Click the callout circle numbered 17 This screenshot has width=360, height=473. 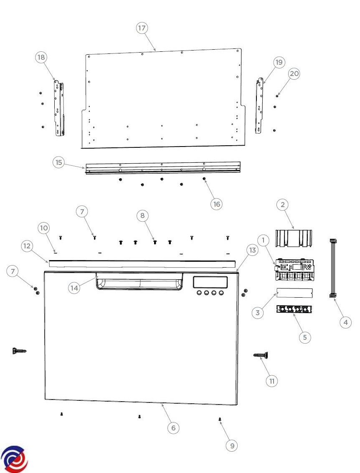pos(142,28)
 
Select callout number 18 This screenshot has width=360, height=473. pos(41,57)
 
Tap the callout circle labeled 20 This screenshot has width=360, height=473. pos(294,73)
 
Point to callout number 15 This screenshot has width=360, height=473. pos(58,162)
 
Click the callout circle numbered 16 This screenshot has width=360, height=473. pos(217,204)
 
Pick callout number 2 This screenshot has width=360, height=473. pos(282,205)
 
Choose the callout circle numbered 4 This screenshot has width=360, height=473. pos(345,322)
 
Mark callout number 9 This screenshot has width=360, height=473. pos(232,445)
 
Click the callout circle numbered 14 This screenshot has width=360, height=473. pos(74,288)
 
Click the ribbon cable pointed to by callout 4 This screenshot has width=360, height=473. pos(333,268)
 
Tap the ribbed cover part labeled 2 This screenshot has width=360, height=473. pos(294,238)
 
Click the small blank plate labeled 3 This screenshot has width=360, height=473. pos(294,293)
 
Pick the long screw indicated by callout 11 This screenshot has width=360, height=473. pos(261,355)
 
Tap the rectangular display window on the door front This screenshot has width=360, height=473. pos(210,282)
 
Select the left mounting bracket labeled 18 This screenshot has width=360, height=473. pos(59,108)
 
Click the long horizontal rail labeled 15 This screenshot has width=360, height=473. pos(163,168)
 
